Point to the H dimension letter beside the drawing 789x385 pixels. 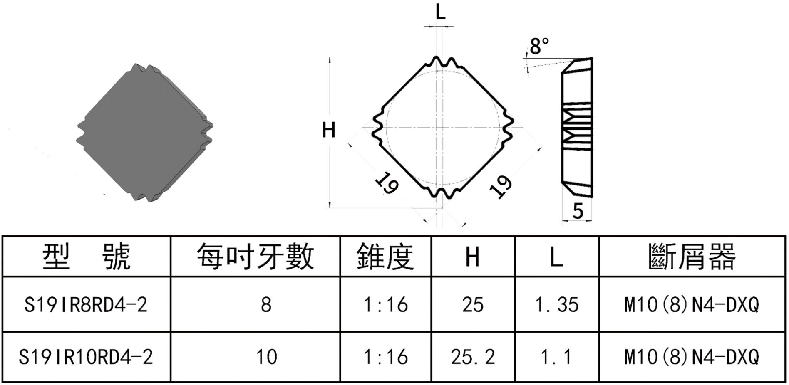[x=329, y=130]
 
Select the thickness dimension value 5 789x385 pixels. [x=578, y=211]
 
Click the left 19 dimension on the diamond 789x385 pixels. [x=387, y=183]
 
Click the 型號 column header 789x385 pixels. [x=87, y=257]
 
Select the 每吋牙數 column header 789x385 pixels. [x=255, y=257]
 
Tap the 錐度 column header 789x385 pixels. [x=385, y=257]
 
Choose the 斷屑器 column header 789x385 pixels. [x=692, y=257]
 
